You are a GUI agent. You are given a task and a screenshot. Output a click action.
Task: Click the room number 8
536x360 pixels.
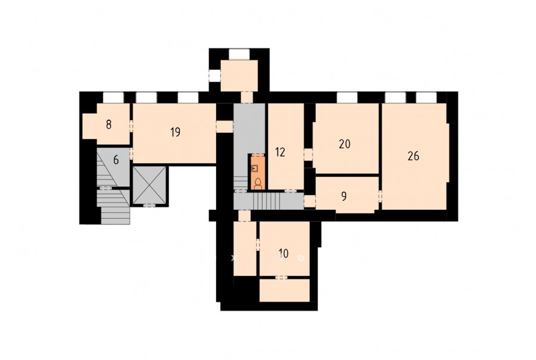pyautogui.click(x=109, y=125)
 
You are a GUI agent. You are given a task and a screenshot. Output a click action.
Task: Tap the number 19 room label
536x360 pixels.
pyautogui.click(x=175, y=132)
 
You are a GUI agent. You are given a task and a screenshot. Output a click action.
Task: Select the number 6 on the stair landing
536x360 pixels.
pyautogui.click(x=116, y=160)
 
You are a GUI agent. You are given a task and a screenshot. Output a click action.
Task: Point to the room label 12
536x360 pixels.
pyautogui.click(x=280, y=152)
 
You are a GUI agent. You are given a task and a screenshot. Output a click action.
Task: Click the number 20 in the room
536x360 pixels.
pyautogui.click(x=345, y=144)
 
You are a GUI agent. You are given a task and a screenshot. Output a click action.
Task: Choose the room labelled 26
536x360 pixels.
pyautogui.click(x=413, y=156)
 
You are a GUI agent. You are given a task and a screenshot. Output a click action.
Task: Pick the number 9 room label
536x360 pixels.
pyautogui.click(x=344, y=197)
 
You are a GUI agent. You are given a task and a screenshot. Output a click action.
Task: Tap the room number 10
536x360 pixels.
pyautogui.click(x=283, y=253)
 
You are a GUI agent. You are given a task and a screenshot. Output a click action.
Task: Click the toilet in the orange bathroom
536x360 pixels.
pyautogui.click(x=258, y=184)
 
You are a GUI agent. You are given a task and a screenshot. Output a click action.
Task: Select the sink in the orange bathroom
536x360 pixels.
pyautogui.click(x=255, y=168)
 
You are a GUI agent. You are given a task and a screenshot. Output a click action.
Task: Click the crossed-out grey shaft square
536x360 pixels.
pyautogui.click(x=149, y=186)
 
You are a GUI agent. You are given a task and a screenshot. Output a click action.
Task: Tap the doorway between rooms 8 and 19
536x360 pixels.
pyautogui.click(x=131, y=125)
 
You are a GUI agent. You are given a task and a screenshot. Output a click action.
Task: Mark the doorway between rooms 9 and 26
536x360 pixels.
pyautogui.click(x=380, y=196)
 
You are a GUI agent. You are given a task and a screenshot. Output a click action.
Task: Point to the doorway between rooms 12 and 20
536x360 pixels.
pyautogui.click(x=308, y=154)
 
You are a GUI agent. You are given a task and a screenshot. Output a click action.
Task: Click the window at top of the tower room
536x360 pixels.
pyautogui.click(x=239, y=54)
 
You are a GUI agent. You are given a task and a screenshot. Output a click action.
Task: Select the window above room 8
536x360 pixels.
pyautogui.click(x=113, y=97)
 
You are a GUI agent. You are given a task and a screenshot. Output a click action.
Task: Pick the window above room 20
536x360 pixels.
pyautogui.click(x=347, y=97)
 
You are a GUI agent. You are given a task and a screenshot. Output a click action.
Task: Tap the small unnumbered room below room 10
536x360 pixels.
pyautogui.click(x=285, y=290)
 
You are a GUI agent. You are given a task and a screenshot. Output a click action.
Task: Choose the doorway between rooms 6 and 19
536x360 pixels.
pyautogui.click(x=131, y=154)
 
